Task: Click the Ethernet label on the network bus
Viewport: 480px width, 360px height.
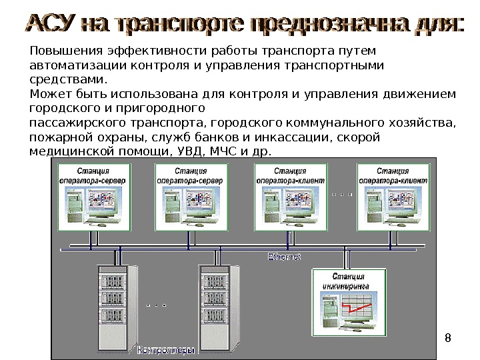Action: pos(285,256)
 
